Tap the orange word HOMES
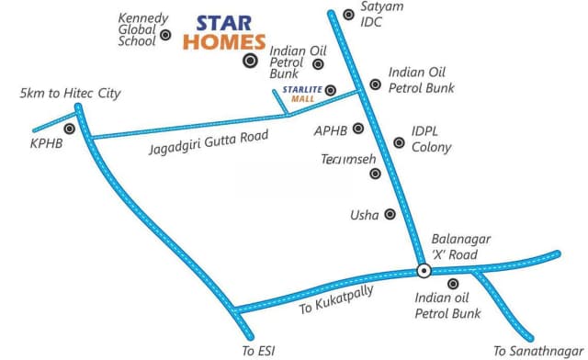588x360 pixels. (x=224, y=41)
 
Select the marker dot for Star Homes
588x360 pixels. (x=249, y=62)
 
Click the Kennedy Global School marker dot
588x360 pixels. (x=166, y=35)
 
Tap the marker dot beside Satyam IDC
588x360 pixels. (x=348, y=14)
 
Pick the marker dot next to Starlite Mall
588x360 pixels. (x=332, y=90)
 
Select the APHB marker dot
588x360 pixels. (x=357, y=129)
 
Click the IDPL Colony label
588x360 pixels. (x=431, y=140)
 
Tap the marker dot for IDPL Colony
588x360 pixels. (x=399, y=142)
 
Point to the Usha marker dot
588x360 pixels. (x=390, y=215)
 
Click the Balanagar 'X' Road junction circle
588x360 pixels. (x=424, y=270)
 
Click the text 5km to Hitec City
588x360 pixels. (x=71, y=94)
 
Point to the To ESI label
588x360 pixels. (x=258, y=349)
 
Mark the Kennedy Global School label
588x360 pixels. (x=141, y=29)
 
